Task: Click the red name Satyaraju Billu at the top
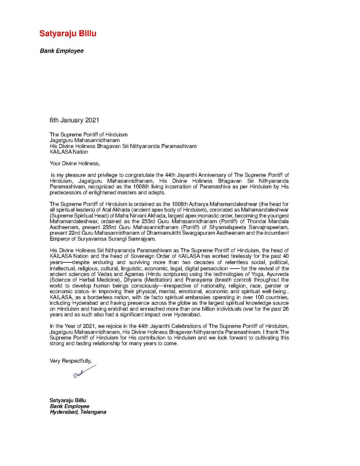coord(68,33)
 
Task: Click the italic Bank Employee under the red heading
coord(62,51)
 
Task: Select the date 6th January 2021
coord(74,120)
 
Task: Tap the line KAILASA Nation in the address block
coord(69,152)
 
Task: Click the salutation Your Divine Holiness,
coord(75,164)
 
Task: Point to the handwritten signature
coord(84,372)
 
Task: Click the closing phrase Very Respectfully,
coord(71,361)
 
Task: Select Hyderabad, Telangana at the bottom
coord(78,412)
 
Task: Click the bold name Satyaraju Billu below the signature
coord(68,400)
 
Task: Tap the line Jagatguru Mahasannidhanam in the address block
coord(85,140)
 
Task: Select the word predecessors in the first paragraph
coord(65,193)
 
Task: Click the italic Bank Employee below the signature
coord(70,406)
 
